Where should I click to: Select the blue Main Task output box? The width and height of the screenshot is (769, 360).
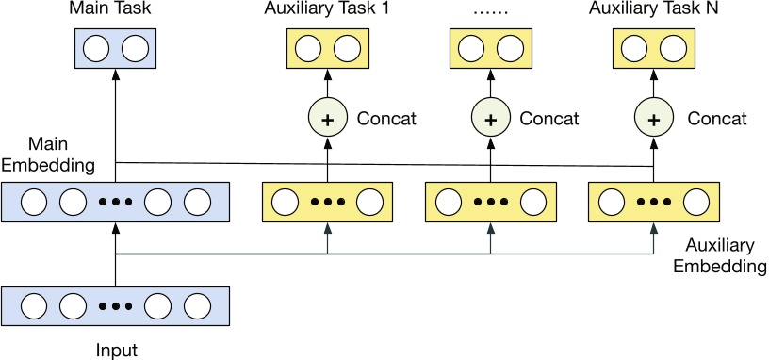[x=115, y=48]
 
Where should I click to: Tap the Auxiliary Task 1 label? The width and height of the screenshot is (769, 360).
[x=327, y=11]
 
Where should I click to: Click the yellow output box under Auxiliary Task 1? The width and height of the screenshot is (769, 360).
[x=327, y=48]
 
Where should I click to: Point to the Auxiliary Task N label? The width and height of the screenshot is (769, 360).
[x=651, y=11]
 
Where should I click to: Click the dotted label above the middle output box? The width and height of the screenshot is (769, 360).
[x=489, y=11]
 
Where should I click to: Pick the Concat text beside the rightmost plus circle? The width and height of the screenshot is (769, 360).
[x=716, y=119]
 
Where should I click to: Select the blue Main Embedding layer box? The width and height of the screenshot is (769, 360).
[x=115, y=203]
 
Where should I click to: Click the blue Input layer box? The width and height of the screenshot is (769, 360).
[x=115, y=306]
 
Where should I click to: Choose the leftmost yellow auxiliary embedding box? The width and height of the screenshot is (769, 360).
[x=327, y=203]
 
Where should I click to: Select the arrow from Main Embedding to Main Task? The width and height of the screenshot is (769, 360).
[x=115, y=123]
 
